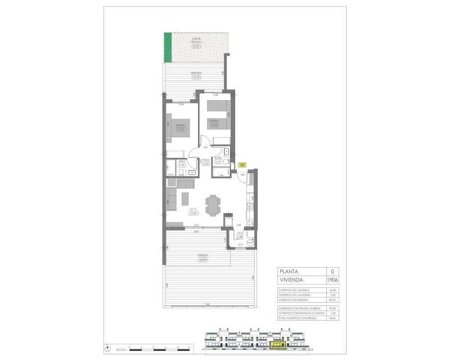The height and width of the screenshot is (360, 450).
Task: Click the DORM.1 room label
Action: coord(181,126)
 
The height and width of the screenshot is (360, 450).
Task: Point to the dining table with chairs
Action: coord(211,205)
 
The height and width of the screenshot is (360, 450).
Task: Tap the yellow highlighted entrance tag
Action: coord(242,165)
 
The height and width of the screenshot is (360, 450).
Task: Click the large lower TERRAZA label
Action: coord(203,257)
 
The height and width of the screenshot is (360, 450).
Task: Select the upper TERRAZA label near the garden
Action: coord(196,75)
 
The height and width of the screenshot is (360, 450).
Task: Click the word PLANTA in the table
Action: coord(291,271)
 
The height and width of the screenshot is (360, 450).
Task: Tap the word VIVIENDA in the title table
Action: coord(292,279)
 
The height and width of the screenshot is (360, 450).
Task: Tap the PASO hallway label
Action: coord(206,162)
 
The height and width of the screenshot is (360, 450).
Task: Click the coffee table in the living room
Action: coord(186,198)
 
